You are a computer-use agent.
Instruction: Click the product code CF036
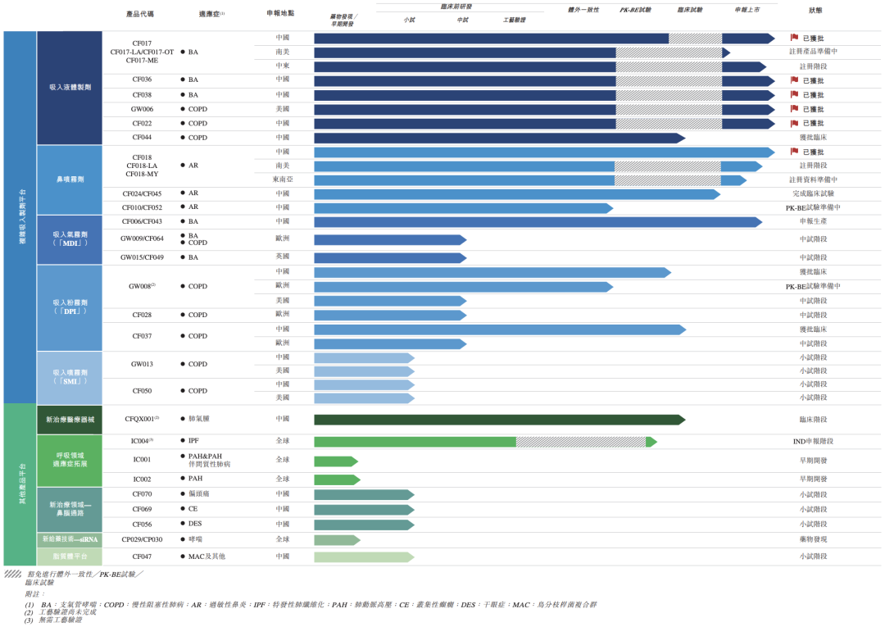click(x=142, y=80)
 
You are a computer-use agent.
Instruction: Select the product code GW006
click(x=142, y=109)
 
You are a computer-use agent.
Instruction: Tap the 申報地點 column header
click(x=280, y=14)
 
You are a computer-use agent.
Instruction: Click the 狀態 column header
click(x=815, y=10)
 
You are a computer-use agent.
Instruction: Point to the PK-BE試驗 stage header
click(x=635, y=10)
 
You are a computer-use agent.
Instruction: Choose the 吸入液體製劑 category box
click(x=70, y=88)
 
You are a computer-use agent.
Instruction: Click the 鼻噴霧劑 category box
click(x=70, y=179)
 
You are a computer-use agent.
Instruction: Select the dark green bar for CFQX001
click(x=498, y=420)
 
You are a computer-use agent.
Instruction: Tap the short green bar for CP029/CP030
click(x=336, y=540)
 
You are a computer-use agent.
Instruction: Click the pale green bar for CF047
click(x=363, y=557)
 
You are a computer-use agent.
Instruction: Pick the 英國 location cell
click(x=282, y=257)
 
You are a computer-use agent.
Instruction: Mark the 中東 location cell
click(x=282, y=66)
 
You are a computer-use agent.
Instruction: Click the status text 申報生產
click(x=814, y=222)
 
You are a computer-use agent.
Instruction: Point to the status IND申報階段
click(x=814, y=442)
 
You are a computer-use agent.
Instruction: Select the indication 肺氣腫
click(x=199, y=419)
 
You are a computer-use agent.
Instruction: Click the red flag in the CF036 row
click(x=794, y=80)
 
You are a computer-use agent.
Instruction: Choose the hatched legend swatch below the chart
click(x=12, y=574)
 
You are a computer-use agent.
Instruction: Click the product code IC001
click(x=142, y=460)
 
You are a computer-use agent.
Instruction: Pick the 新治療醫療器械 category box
click(x=70, y=419)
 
